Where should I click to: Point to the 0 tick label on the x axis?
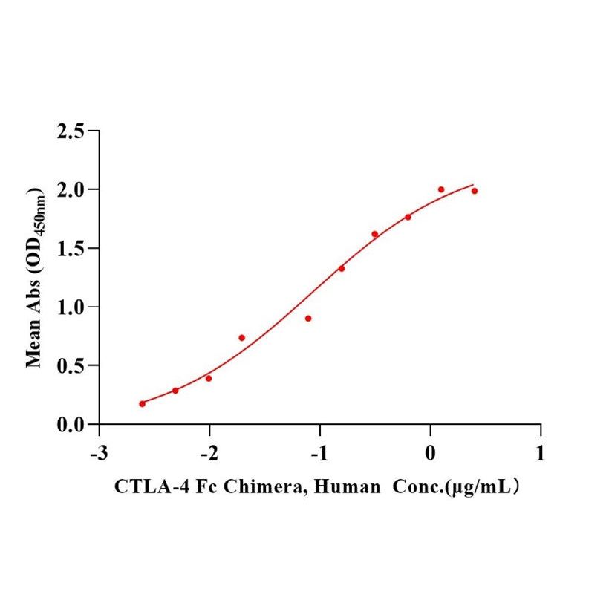pos(431,453)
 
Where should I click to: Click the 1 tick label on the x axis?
pos(541,453)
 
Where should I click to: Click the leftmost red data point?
pos(142,403)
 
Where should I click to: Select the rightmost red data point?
pos(474,191)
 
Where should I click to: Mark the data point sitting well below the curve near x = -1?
pos(308,318)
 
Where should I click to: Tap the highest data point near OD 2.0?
pos(441,189)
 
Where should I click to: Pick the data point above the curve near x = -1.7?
pos(241,337)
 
